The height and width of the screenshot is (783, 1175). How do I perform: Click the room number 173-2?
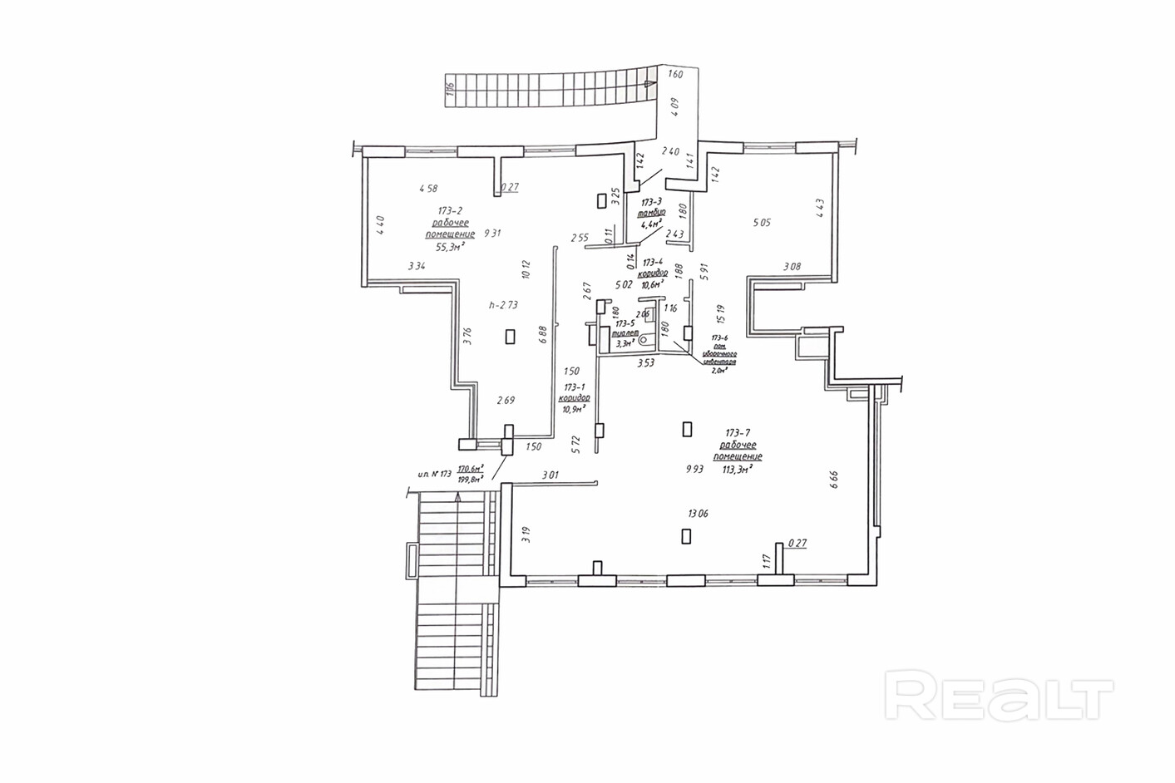(450, 210)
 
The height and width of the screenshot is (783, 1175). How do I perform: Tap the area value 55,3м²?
(450, 247)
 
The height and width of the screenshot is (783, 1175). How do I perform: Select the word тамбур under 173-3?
(651, 213)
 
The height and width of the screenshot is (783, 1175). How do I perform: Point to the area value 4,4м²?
(649, 224)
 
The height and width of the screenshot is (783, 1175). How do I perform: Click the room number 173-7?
(738, 432)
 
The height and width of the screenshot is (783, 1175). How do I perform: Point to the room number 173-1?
(574, 387)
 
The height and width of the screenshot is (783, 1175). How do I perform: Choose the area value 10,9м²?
(574, 409)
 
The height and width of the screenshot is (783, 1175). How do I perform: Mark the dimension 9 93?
(694, 469)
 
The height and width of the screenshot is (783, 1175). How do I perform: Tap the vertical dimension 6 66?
(833, 482)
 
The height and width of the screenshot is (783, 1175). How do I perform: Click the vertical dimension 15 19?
(721, 313)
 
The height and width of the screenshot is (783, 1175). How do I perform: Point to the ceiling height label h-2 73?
(503, 305)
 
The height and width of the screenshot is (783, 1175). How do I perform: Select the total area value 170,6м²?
(471, 469)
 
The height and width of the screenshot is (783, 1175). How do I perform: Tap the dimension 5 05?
(763, 222)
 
